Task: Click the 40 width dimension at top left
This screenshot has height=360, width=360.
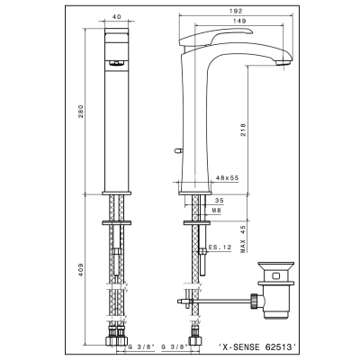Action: (117, 17)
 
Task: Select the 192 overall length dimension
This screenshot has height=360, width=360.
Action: (236, 11)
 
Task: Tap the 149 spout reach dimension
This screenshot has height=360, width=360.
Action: (239, 21)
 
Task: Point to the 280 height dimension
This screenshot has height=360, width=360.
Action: (81, 111)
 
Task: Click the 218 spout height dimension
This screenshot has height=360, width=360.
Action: (243, 130)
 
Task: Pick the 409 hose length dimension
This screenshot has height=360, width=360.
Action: (81, 270)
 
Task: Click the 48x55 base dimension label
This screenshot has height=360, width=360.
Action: (228, 178)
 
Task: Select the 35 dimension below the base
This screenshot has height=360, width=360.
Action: (220, 201)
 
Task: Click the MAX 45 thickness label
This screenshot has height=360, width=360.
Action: (243, 238)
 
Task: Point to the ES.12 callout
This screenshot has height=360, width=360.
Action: (220, 247)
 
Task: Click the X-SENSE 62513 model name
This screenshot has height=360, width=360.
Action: (257, 347)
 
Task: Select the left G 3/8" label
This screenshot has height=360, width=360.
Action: (141, 347)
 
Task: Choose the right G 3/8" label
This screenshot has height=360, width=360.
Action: (175, 347)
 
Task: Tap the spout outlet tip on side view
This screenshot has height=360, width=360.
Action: (283, 63)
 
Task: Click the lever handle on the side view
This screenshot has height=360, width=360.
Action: (216, 37)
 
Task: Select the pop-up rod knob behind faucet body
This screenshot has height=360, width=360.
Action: (177, 149)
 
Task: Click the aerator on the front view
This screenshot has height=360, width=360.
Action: (117, 62)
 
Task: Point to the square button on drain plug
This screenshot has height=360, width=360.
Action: (276, 275)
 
